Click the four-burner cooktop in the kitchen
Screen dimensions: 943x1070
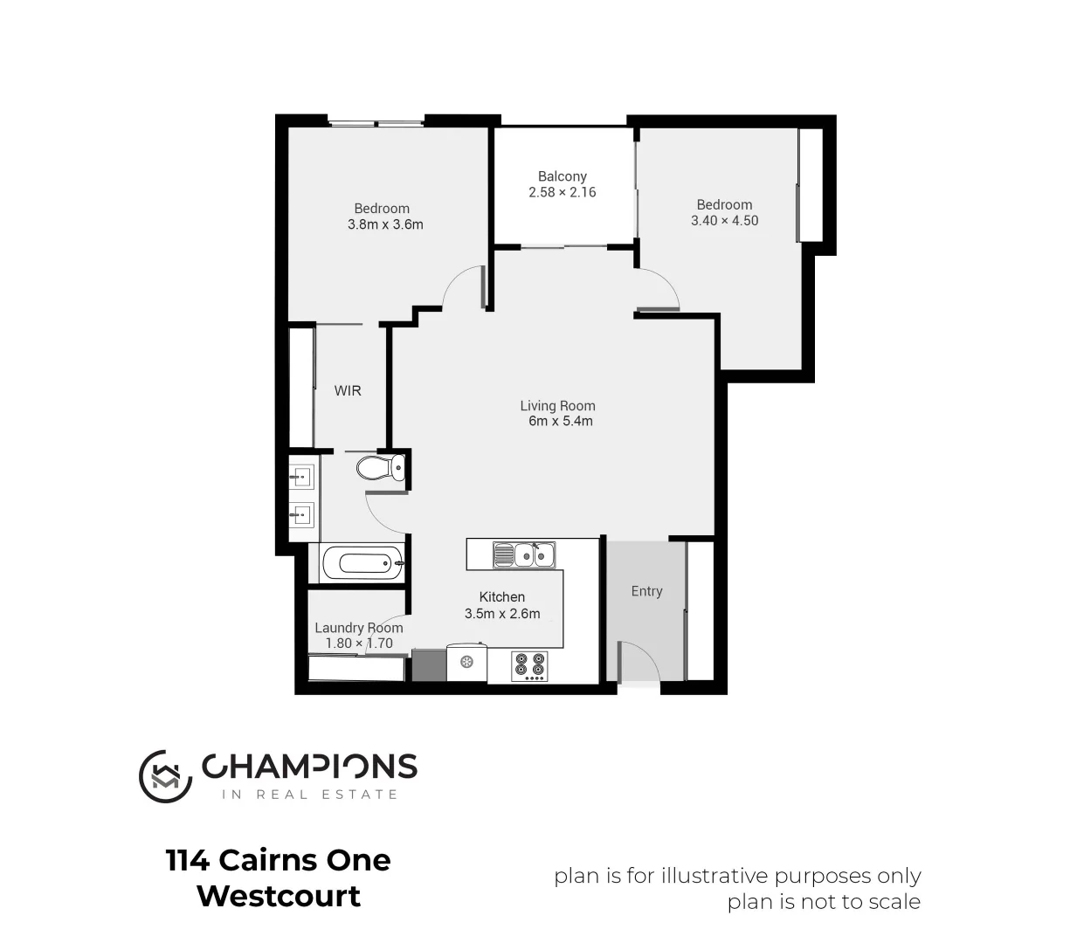point(530,665)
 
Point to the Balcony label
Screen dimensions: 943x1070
point(563,176)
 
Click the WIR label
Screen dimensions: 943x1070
point(348,391)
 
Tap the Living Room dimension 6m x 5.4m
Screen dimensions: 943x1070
point(561,422)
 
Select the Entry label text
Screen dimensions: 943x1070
point(646,591)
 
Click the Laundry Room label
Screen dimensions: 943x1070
point(359,628)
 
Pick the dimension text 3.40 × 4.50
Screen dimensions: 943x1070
point(724,221)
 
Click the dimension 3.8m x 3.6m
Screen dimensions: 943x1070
point(385,224)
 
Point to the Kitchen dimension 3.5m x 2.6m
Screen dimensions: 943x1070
point(502,614)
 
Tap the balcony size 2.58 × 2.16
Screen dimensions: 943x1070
point(563,192)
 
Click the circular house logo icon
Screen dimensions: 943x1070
point(165,775)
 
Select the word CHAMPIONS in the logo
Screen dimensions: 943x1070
point(310,767)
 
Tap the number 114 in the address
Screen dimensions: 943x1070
point(188,861)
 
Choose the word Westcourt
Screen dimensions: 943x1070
point(279,897)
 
